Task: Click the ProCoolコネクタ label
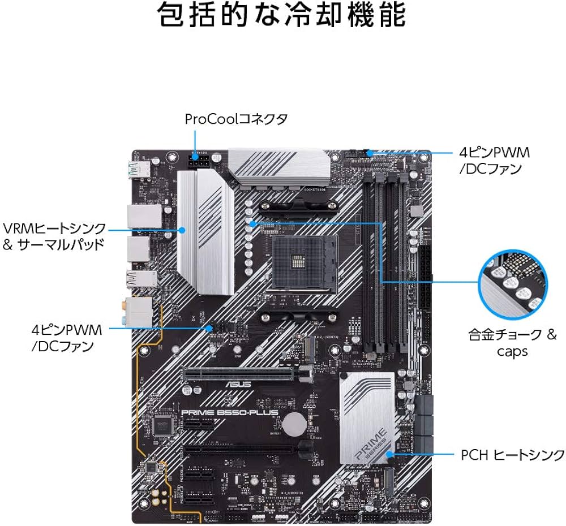236,119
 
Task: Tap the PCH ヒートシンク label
512,454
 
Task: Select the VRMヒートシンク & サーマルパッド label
54,236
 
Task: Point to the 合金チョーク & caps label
513,343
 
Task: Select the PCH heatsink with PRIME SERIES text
366,419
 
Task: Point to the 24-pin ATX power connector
424,277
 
